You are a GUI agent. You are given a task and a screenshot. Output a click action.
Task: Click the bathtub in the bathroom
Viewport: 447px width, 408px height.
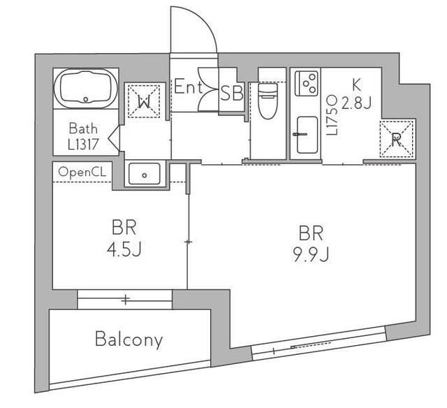86,88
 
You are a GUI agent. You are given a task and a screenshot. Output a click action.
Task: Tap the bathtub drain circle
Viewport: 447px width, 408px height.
86,99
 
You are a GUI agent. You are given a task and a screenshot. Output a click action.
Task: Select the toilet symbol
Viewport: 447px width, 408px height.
268,101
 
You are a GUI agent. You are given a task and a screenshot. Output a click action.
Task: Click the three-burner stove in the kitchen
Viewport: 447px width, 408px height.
307,83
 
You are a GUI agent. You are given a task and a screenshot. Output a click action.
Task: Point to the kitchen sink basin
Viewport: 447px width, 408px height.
307,135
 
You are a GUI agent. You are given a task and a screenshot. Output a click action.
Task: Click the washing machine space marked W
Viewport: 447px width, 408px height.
144,101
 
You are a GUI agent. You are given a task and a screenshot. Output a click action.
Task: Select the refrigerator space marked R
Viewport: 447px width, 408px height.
397,139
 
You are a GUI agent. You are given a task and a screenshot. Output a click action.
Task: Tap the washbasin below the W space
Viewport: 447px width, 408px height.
145,173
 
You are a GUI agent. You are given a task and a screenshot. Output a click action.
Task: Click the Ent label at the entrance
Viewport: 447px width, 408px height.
188,87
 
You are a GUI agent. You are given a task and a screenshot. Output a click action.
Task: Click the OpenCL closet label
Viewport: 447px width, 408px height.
82,172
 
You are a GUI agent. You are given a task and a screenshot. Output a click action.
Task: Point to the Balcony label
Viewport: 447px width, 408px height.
129,340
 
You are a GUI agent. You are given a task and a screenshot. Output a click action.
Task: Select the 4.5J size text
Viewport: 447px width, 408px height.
124,249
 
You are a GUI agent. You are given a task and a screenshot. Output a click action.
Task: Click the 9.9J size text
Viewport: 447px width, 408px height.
311,254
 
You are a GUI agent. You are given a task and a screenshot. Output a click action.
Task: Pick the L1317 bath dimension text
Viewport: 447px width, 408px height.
83,145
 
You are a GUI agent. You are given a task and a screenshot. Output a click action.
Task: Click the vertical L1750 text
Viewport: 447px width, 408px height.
332,115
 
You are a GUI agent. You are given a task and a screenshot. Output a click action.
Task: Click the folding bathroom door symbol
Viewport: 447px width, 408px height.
114,139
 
